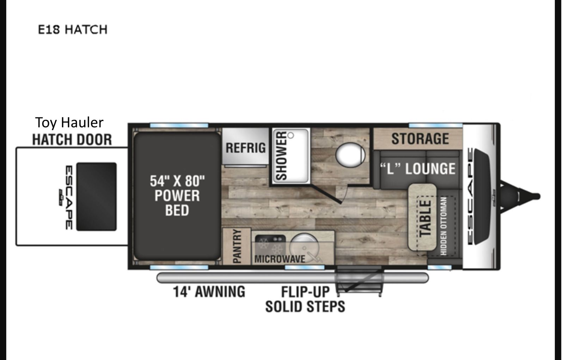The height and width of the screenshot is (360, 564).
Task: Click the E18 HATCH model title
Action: point(73,29)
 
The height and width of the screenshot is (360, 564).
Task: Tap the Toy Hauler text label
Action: point(69,123)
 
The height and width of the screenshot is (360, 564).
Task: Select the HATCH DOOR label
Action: point(72,140)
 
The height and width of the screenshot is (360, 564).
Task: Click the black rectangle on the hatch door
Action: point(96,197)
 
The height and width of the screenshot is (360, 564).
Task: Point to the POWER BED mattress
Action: point(177,196)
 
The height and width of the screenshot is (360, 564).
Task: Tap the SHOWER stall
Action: point(290,156)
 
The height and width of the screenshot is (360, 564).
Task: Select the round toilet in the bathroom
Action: point(350,155)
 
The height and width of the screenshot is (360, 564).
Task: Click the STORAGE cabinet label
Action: point(420,139)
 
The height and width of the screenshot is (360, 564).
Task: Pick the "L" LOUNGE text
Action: point(417,169)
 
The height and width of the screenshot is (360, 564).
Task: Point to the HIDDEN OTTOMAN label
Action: point(444,226)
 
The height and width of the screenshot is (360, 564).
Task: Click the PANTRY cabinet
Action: point(237,246)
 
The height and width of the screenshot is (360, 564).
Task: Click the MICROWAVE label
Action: point(280,259)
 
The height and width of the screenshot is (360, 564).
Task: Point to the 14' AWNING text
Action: point(209,292)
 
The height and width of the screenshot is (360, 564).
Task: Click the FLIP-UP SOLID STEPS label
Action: point(305,299)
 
